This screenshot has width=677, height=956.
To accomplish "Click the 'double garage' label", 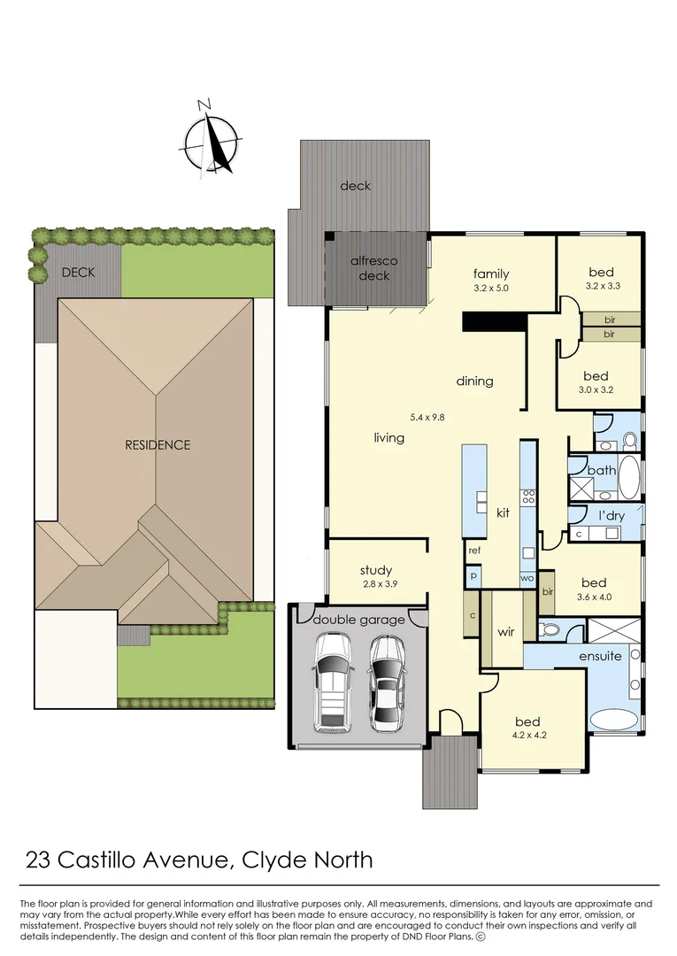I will [x=358, y=620].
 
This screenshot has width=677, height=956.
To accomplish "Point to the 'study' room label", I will [x=375, y=570].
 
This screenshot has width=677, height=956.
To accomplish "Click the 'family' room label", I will [x=490, y=274].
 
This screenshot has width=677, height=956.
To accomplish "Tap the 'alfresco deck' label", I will [x=374, y=268].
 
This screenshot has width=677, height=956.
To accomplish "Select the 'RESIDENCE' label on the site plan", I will [x=157, y=444].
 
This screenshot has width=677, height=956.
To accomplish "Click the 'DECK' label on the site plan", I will [x=77, y=273].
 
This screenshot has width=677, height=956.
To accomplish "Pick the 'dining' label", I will [x=474, y=381].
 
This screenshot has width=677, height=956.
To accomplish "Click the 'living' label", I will [x=389, y=437].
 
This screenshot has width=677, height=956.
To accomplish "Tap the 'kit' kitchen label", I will [x=503, y=513].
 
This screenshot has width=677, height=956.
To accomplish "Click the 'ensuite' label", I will [x=600, y=656].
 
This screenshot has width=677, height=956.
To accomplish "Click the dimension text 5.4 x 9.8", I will [x=428, y=416].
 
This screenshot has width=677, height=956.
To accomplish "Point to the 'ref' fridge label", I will [x=474, y=550].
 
